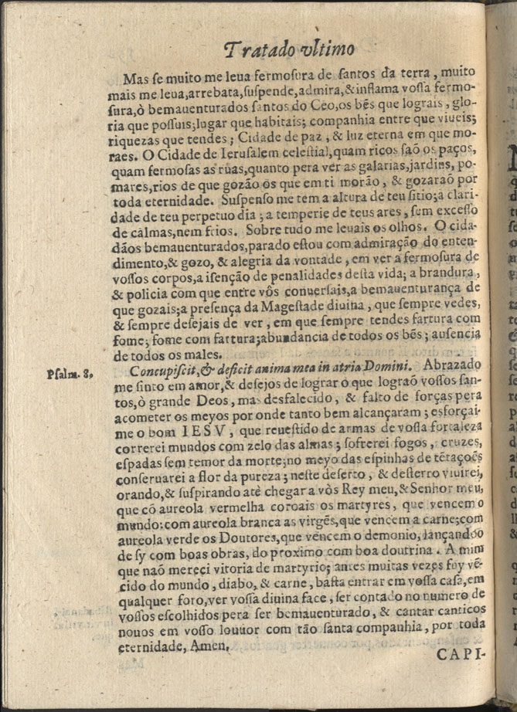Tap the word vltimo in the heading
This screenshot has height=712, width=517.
point(325,49)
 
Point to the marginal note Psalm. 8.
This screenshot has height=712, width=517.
point(70,375)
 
